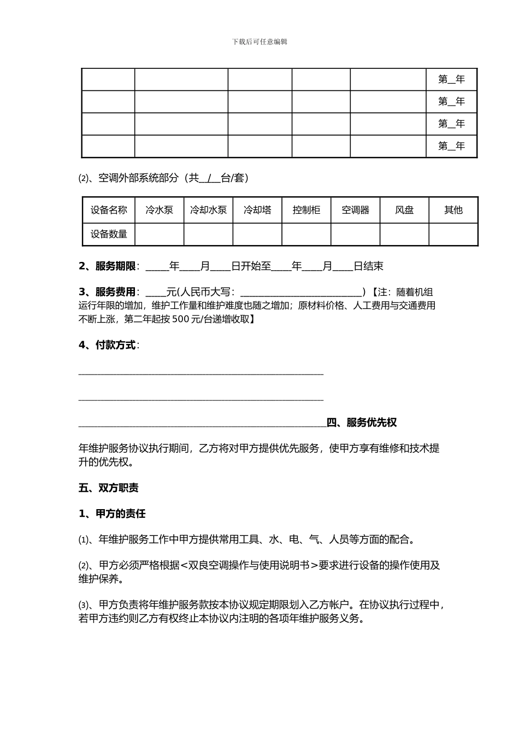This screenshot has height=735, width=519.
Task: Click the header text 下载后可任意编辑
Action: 259,42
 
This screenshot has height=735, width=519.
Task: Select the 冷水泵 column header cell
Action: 159,210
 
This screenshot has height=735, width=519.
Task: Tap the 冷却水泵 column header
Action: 208,210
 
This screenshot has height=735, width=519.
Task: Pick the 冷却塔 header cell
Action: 257,210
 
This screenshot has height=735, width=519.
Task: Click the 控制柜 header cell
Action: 306,210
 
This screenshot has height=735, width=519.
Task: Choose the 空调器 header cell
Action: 355,210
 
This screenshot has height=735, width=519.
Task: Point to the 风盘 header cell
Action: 404,210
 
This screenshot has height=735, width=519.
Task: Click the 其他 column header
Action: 453,210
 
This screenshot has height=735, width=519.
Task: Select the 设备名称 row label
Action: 109,210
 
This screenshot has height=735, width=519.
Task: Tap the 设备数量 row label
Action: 109,235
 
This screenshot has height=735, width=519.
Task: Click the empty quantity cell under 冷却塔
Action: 257,235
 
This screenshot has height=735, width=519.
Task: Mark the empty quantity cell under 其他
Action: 453,235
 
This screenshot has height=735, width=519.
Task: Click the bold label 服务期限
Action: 115,266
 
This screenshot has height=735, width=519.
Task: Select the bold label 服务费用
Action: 115,293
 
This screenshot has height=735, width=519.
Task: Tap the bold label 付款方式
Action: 115,345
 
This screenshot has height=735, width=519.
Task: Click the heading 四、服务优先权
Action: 361,423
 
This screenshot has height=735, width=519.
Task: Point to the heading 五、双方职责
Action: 108,488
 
